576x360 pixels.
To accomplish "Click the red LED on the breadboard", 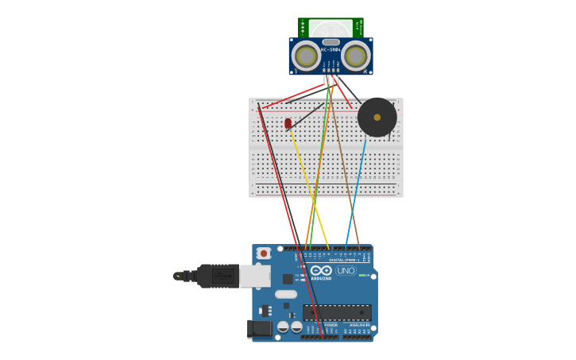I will coord(288,124).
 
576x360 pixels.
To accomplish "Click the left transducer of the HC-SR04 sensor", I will coord(305,56).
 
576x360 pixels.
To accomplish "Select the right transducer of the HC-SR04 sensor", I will coord(356,56).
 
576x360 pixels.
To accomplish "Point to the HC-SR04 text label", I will coord(331,50).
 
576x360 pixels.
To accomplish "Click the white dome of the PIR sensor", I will coord(331,29).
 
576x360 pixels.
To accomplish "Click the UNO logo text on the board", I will coord(346,270).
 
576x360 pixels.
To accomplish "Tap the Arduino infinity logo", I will coord(323,270).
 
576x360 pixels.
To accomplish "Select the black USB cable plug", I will coord(215,276).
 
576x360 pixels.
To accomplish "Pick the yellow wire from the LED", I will coord(310,191).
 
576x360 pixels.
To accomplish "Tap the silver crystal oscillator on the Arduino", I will coord(287,295).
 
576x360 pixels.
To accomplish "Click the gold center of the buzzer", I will coord(377,118).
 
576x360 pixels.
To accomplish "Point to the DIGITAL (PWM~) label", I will coord(334,259).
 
